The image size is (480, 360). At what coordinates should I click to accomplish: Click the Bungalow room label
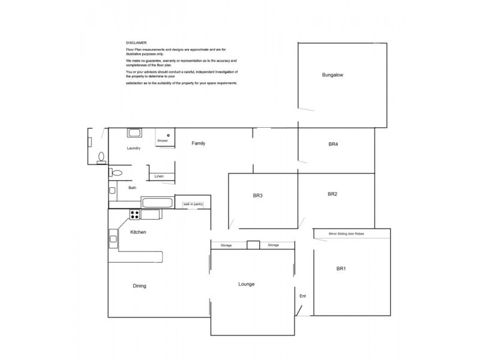[331, 76]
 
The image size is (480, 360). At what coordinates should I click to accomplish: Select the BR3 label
[258, 196]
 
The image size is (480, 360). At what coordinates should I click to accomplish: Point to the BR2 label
[333, 194]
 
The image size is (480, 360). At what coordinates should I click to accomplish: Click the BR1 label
[341, 268]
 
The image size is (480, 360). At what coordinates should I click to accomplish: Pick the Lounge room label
[247, 284]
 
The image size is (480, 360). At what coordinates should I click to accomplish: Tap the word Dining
[139, 286]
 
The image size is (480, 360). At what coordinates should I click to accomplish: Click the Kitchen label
[139, 232]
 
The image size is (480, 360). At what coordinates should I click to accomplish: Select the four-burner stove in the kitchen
[134, 214]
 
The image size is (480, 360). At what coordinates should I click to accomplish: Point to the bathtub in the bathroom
[158, 203]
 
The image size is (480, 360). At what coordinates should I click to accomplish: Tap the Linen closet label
[159, 176]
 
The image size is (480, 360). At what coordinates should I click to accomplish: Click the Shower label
[163, 140]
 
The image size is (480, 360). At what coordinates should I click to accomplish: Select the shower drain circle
[169, 135]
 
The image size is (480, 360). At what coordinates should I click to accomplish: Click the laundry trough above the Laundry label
[134, 133]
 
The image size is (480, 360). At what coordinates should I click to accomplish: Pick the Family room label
[199, 143]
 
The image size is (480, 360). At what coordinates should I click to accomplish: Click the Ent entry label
[302, 296]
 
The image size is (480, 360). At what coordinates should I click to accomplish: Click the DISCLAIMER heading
[133, 43]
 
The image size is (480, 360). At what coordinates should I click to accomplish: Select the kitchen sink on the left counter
[112, 239]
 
